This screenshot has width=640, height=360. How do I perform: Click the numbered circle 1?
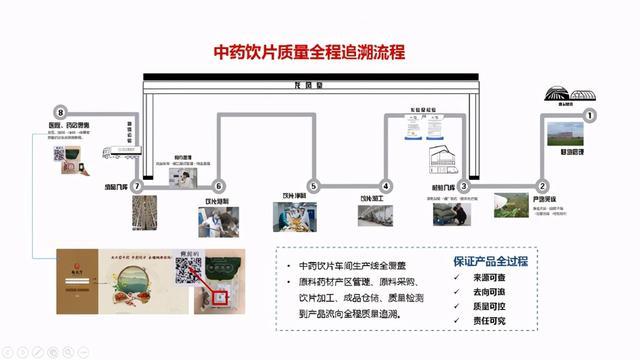pyautogui.click(x=590, y=116)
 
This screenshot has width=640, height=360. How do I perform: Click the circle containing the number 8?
pyautogui.click(x=61, y=113)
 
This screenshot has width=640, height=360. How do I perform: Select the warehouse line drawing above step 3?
pyautogui.click(x=448, y=162)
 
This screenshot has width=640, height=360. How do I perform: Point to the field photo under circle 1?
pyautogui.click(x=565, y=137)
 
